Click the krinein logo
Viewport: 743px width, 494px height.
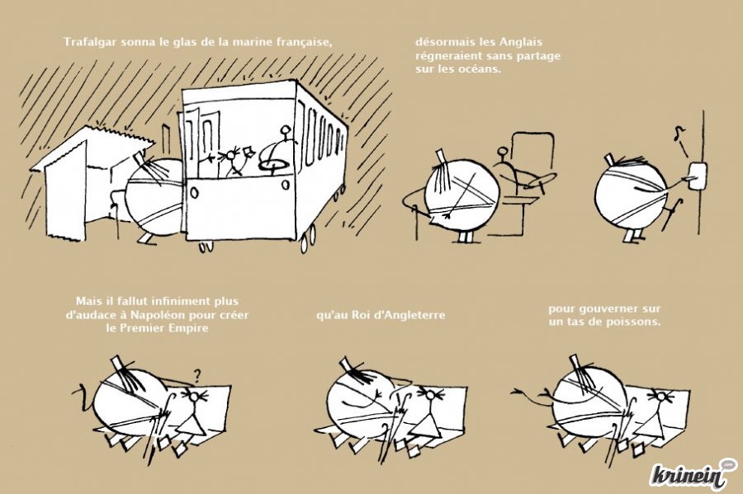point(693,473)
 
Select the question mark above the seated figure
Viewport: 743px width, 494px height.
point(197,376)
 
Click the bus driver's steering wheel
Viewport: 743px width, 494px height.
point(274,164)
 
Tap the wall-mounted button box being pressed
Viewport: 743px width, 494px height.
point(697,176)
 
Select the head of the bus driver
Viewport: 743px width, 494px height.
point(286,129)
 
